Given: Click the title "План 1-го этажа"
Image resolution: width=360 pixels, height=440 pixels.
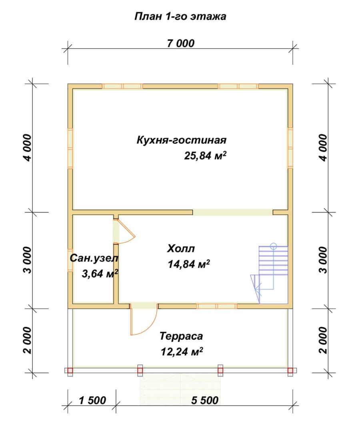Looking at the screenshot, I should point(180,16).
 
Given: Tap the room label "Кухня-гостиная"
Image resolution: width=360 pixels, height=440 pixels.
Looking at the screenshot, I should point(182,140).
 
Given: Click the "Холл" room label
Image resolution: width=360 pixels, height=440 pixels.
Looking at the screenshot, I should point(181,249).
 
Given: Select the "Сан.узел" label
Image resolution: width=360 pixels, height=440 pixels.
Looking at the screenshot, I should point(94,258).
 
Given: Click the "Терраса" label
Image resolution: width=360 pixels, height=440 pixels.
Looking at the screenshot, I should point(181,336).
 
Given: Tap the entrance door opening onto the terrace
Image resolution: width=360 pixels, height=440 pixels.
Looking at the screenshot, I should point(143,320).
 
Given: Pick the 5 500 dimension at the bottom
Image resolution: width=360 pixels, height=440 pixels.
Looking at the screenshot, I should point(204,400).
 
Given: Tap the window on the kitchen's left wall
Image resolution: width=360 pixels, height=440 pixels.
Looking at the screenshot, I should point(70,148).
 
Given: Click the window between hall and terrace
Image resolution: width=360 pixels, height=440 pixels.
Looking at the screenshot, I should point(217,306).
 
